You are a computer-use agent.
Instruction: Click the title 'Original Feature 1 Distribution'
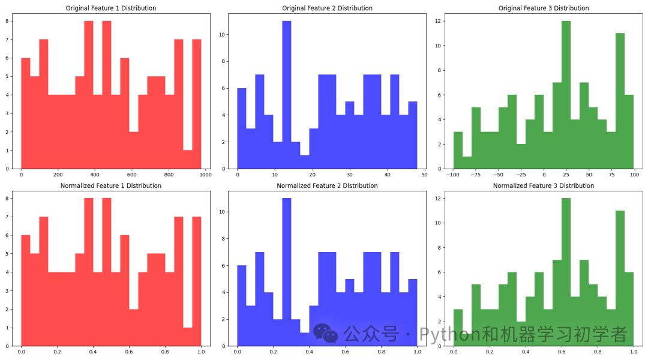[111, 8]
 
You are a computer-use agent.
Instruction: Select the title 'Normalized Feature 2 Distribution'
[327, 186]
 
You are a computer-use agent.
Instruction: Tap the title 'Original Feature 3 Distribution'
[544, 8]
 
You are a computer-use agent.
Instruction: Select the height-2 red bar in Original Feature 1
[134, 150]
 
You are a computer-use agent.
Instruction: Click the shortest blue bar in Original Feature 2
[305, 162]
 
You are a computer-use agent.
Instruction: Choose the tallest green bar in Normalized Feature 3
[566, 273]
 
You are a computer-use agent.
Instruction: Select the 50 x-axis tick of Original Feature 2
[424, 175]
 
